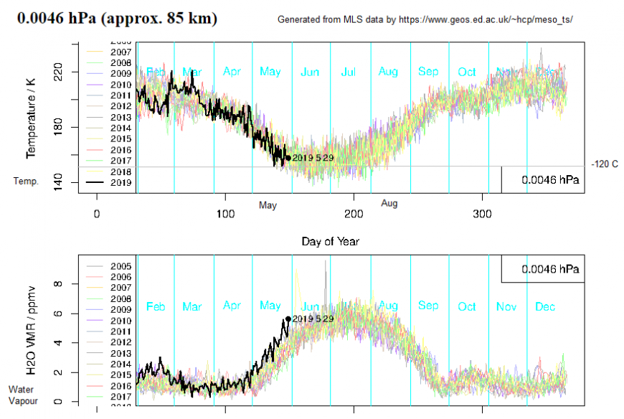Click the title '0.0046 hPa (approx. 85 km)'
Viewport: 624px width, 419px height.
click(x=118, y=17)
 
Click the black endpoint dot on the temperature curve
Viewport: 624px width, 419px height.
click(x=288, y=158)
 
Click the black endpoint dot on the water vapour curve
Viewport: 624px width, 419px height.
click(x=288, y=319)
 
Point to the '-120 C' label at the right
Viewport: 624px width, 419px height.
click(x=604, y=164)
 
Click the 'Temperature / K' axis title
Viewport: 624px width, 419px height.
click(x=31, y=118)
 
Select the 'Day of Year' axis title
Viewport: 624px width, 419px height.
click(x=330, y=241)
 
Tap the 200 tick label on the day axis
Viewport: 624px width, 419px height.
click(x=354, y=214)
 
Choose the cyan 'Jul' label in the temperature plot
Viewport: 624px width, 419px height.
click(x=349, y=72)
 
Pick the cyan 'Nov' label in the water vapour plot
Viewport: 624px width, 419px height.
click(x=506, y=306)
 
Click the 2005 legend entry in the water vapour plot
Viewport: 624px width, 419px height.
click(x=120, y=266)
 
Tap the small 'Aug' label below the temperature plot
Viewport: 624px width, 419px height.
click(x=389, y=204)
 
